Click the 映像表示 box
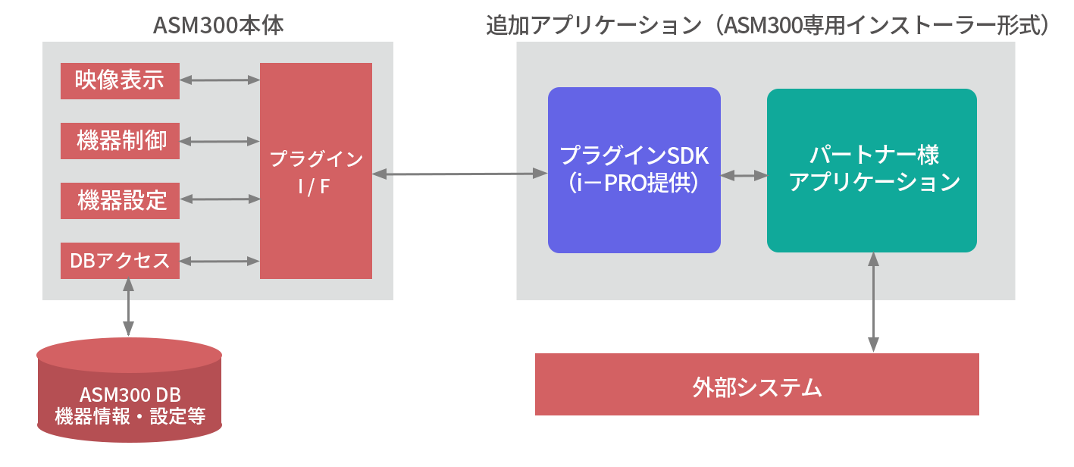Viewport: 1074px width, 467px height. pos(120,81)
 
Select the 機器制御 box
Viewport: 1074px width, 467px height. pos(120,141)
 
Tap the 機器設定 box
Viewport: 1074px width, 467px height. pos(120,201)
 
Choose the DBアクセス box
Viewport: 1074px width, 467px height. pos(120,261)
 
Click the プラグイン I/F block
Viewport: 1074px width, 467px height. pos(315,171)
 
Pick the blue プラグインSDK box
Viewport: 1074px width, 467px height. pos(634,170)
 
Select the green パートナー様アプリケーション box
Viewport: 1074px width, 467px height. pos(872,170)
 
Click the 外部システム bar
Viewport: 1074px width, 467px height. pos(756,384)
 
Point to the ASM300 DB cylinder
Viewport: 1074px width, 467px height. pos(129,391)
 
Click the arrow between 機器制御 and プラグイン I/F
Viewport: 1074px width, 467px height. pos(220,140)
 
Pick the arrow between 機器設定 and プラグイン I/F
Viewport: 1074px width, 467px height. pos(220,200)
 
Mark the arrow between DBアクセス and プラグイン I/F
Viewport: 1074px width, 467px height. pos(220,262)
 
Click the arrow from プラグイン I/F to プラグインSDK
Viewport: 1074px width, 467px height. pos(459,174)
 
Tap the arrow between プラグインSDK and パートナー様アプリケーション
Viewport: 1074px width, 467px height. pos(744,175)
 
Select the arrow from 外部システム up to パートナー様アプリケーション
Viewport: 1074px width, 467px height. pos(873,303)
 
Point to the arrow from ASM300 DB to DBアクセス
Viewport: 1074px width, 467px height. pos(128,308)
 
